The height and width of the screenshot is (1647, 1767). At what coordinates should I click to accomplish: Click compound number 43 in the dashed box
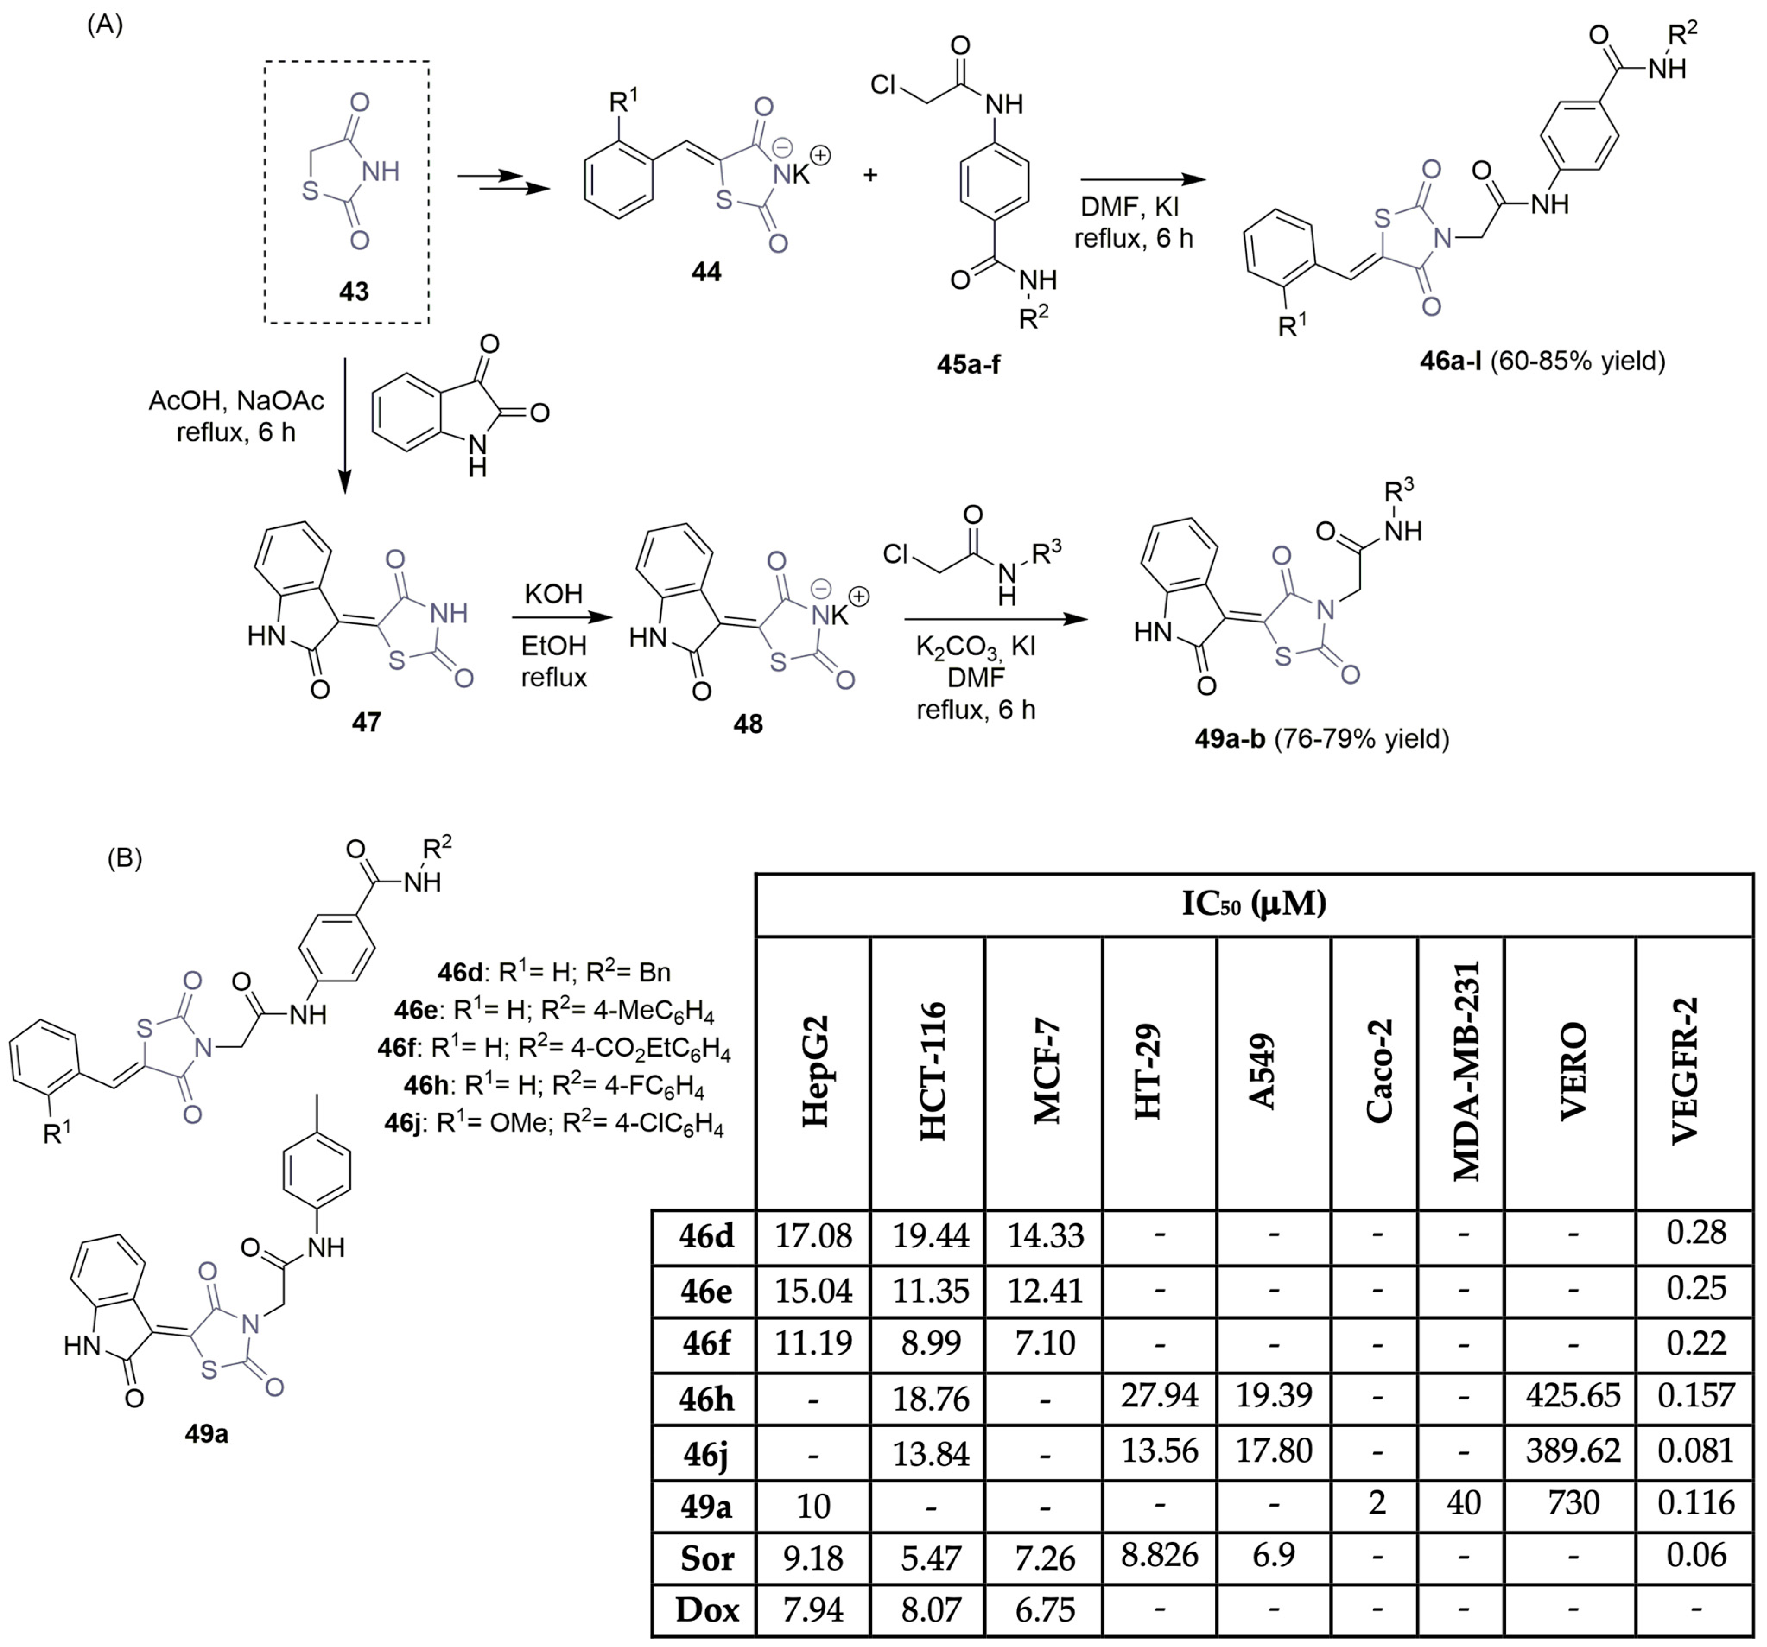coord(353,292)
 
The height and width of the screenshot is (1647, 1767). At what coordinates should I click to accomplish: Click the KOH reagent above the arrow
coord(553,594)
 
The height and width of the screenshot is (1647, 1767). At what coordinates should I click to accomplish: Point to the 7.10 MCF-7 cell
coord(1045,1342)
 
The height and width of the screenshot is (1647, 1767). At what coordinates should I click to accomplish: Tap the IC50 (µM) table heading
coord(1253,904)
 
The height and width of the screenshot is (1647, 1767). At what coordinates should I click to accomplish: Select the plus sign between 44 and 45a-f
coord(870,175)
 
